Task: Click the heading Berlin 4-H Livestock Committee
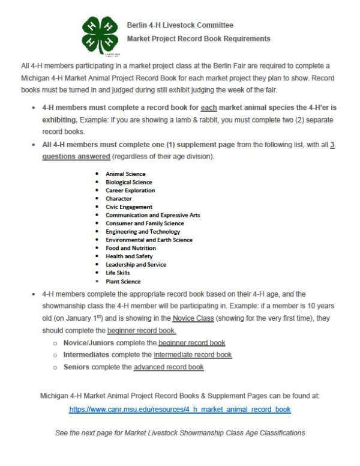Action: point(180,25)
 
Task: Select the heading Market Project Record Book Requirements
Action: point(199,38)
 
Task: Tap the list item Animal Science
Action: point(125,174)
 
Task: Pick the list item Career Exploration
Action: point(130,190)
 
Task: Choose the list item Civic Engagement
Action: point(129,207)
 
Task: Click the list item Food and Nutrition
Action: point(131,248)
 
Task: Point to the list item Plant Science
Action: point(123,281)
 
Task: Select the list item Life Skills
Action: point(119,273)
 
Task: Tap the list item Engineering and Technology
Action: point(143,232)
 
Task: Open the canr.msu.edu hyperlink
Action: point(180,410)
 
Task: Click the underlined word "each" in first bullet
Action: point(191,107)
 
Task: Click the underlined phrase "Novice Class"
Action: point(193,318)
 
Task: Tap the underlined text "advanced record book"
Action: point(169,367)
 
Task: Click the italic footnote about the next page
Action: point(180,432)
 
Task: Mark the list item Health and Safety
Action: point(129,256)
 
